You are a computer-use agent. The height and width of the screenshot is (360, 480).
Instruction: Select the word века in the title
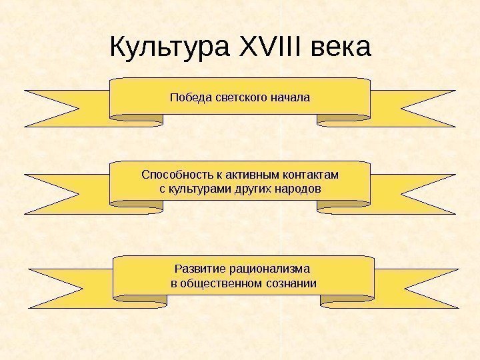click(x=340, y=48)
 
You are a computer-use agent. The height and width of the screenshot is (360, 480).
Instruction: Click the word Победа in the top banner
click(x=191, y=98)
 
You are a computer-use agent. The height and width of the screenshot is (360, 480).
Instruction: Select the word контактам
click(x=311, y=175)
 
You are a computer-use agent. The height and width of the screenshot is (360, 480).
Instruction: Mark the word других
click(x=251, y=189)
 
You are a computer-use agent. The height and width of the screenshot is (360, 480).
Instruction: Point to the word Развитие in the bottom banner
click(x=199, y=269)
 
